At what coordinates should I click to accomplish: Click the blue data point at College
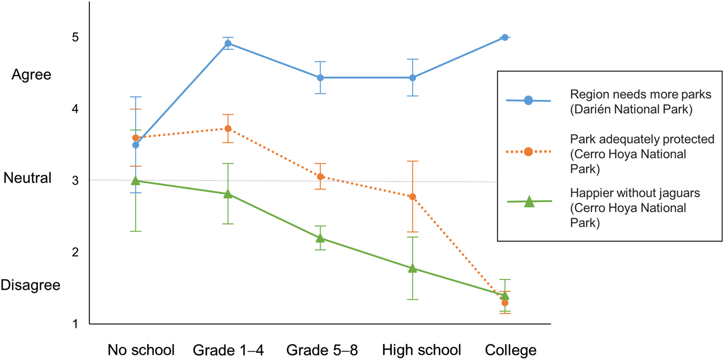click(505, 37)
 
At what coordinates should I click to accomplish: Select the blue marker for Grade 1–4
click(228, 43)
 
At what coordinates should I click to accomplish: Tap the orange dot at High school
click(413, 197)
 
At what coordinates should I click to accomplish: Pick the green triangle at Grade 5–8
click(320, 238)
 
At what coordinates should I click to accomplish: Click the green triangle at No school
click(135, 181)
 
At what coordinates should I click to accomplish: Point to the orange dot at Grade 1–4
click(228, 128)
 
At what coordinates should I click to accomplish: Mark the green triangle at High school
click(413, 268)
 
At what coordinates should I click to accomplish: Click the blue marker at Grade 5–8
click(320, 78)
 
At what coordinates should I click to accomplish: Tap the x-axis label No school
click(141, 350)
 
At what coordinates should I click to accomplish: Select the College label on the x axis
click(510, 350)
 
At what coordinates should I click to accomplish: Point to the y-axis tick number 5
click(75, 38)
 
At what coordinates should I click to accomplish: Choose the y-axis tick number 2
click(75, 252)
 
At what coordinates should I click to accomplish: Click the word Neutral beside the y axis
click(28, 178)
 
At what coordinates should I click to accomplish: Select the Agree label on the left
click(32, 75)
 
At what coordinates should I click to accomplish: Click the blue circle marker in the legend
click(528, 100)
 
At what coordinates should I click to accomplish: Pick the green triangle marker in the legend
click(529, 202)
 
